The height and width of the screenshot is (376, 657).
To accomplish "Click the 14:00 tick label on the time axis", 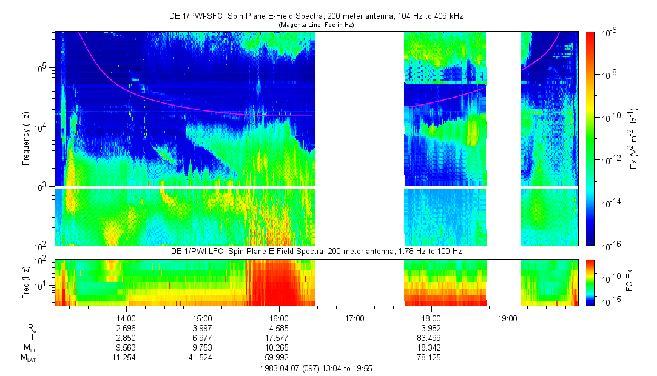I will pyautogui.click(x=126, y=318).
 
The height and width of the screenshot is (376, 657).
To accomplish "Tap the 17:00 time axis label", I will pyautogui.click(x=354, y=318).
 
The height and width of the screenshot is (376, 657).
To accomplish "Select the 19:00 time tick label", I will pyautogui.click(x=507, y=318).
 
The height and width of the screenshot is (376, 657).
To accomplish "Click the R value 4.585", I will pyautogui.click(x=278, y=328).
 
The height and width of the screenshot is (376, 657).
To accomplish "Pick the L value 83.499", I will pyautogui.click(x=431, y=338).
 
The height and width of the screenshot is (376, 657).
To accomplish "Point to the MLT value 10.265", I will pyautogui.click(x=278, y=347).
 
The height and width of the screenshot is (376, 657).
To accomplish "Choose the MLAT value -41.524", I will pyautogui.click(x=202, y=357).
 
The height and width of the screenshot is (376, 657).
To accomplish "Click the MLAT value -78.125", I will pyautogui.click(x=431, y=357).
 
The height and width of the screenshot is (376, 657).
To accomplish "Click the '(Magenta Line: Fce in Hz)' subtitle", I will pyautogui.click(x=315, y=25).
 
